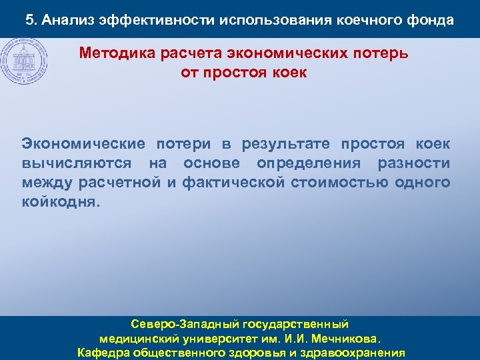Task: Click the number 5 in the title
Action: point(29,20)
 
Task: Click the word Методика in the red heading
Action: point(118,53)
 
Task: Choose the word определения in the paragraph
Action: point(319,163)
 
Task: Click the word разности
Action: point(414,163)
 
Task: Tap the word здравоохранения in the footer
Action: point(351,353)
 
